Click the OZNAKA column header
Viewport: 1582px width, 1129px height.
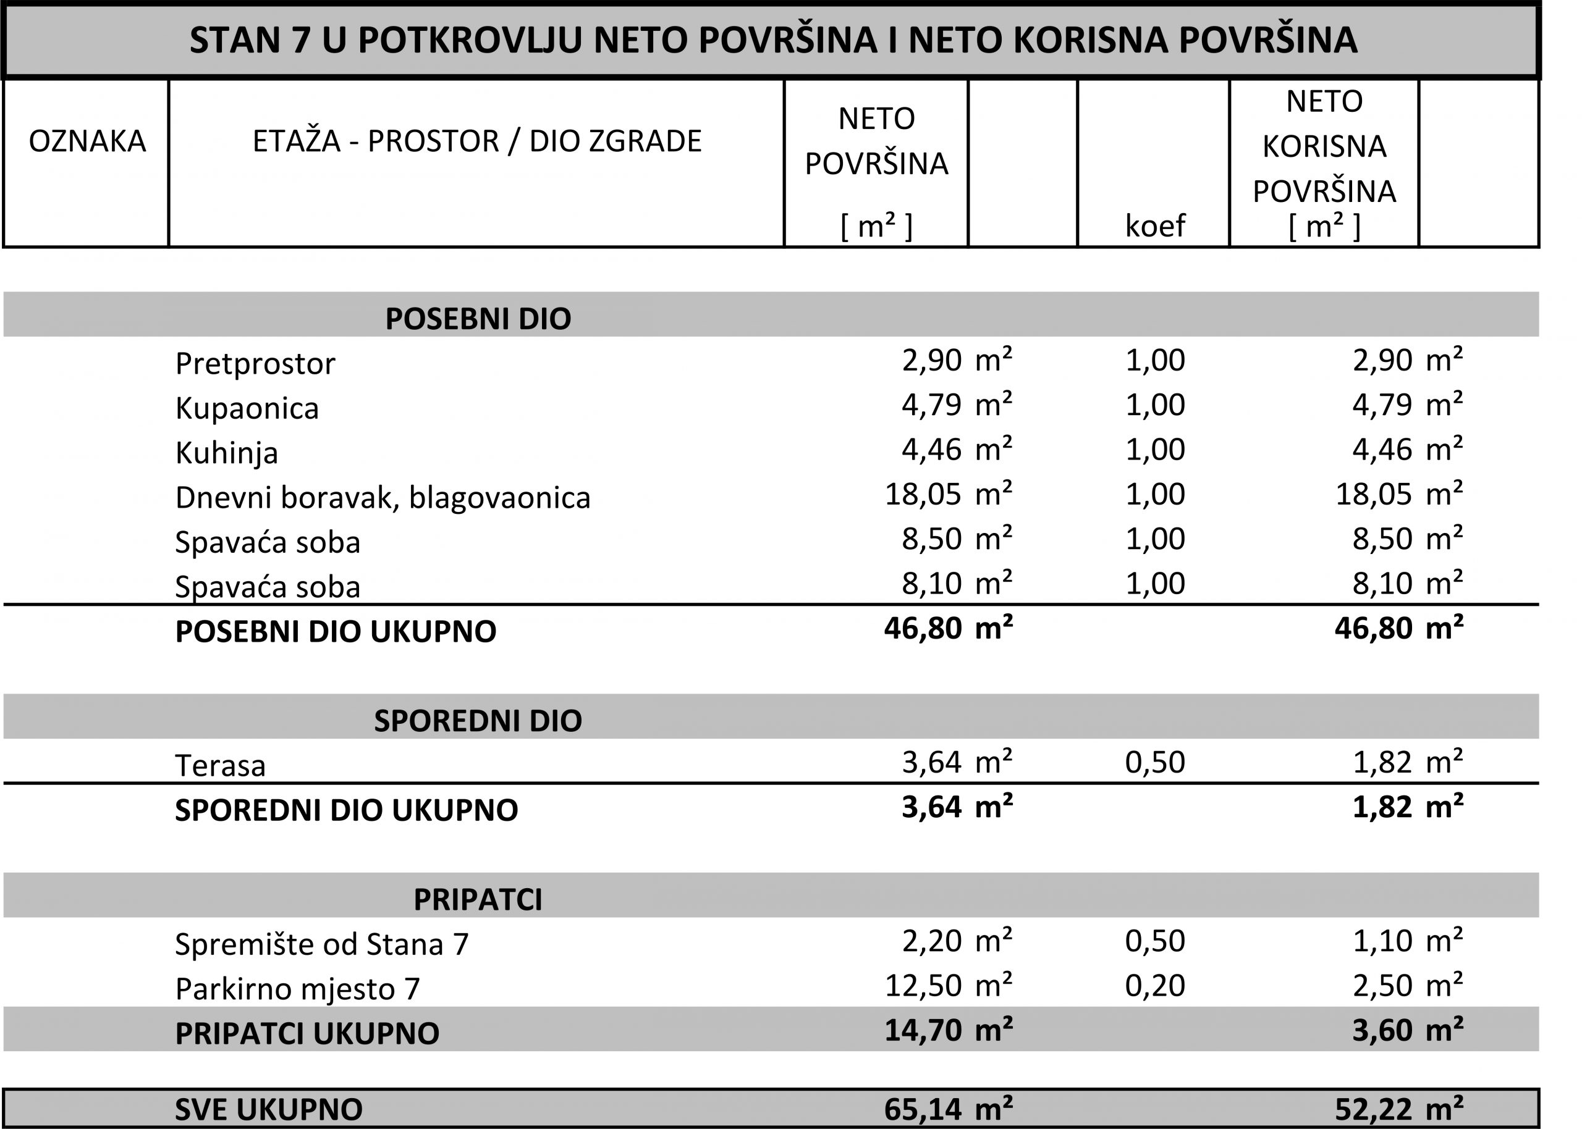tap(87, 141)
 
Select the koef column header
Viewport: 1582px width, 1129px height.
tap(1154, 226)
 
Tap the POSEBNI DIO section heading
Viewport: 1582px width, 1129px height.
tap(478, 319)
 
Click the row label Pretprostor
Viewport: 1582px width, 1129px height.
tap(255, 364)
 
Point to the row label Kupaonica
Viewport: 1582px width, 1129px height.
tap(247, 408)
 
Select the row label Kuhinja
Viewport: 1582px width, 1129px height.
tap(227, 453)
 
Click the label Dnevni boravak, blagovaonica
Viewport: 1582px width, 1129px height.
tap(383, 498)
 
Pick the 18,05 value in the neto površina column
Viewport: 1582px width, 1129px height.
tap(923, 494)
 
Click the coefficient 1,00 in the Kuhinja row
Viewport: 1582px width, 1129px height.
tap(1155, 450)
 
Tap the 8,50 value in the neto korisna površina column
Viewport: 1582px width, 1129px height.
tap(1382, 539)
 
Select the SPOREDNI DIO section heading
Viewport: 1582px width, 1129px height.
tap(478, 721)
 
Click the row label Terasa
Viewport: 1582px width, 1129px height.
tap(221, 766)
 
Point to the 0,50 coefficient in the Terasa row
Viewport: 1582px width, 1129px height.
tap(1155, 763)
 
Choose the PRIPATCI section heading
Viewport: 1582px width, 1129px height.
tap(478, 900)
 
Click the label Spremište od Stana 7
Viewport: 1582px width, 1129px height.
tap(322, 944)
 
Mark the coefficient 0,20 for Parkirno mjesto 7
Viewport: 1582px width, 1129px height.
tap(1155, 986)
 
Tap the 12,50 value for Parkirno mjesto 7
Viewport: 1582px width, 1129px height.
tap(923, 986)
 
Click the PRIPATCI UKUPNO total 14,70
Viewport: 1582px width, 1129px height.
tap(923, 1030)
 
